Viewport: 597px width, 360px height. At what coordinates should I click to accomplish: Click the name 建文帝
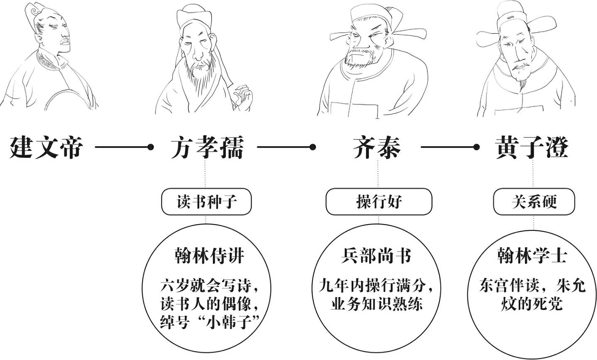(x=46, y=147)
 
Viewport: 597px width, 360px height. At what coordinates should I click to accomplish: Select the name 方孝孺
(x=207, y=147)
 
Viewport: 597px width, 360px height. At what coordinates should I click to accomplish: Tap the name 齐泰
(x=377, y=147)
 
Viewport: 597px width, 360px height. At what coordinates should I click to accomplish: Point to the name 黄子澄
(x=532, y=147)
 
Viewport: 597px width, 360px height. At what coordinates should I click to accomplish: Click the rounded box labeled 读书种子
(x=206, y=201)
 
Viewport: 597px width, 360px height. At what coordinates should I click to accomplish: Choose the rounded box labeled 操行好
(x=379, y=201)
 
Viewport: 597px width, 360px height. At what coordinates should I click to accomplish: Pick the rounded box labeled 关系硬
(x=534, y=201)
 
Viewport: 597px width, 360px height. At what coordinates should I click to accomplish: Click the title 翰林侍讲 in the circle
(x=210, y=256)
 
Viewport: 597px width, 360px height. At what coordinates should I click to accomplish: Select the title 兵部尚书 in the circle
(x=376, y=256)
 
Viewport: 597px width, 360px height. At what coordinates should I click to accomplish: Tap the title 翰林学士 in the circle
(x=532, y=256)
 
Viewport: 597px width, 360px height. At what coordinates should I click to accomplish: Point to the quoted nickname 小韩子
(x=229, y=322)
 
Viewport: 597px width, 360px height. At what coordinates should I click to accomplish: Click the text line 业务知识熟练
(x=377, y=304)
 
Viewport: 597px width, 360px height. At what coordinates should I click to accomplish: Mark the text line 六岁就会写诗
(x=206, y=286)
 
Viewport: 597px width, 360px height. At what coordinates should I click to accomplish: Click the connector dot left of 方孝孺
(x=151, y=147)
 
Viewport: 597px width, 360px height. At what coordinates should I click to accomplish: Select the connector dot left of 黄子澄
(x=476, y=147)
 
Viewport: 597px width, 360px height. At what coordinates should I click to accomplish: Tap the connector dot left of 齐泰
(x=313, y=147)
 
